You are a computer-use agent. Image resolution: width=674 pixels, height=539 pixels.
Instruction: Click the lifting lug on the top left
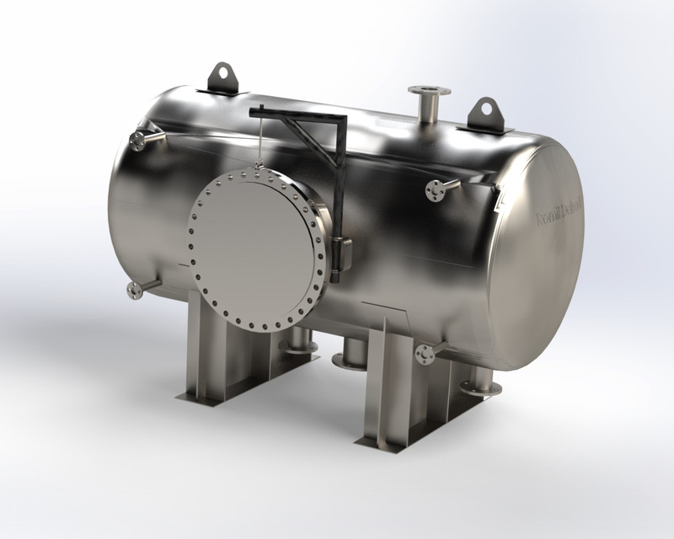pos(223,77)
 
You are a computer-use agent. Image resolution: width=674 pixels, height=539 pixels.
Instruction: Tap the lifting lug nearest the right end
pos(485,114)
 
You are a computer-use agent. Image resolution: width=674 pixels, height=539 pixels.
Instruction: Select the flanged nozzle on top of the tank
pos(429,92)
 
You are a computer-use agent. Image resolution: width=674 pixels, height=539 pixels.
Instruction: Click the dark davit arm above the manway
pos(299,116)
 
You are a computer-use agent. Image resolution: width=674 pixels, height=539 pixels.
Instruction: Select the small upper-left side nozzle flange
pos(138,141)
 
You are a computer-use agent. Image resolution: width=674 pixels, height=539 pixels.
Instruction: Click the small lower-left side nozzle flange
pos(134,291)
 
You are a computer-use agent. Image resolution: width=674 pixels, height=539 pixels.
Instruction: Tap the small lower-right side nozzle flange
pos(425,355)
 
